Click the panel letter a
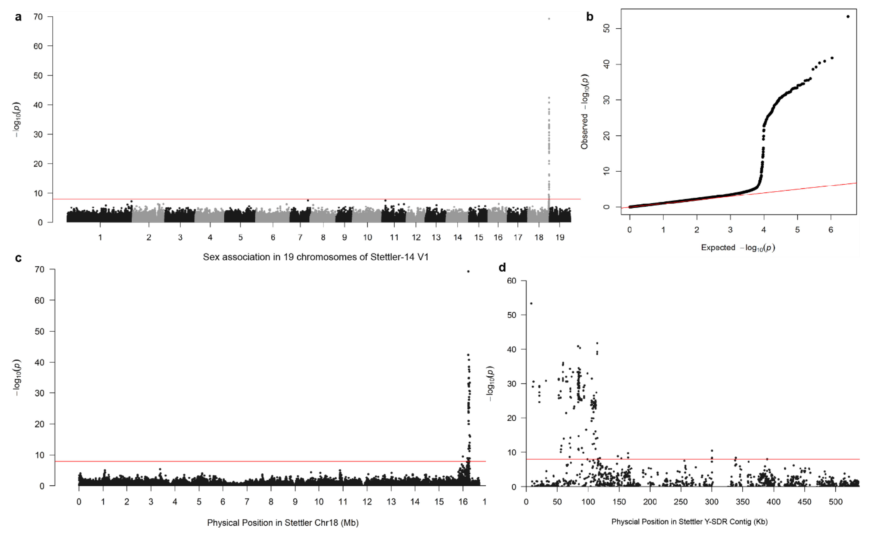18,17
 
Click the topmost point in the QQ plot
848,17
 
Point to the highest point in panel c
468,271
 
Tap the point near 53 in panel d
531,303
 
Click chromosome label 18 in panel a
539,237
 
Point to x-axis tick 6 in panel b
831,230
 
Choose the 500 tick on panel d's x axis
835,502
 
